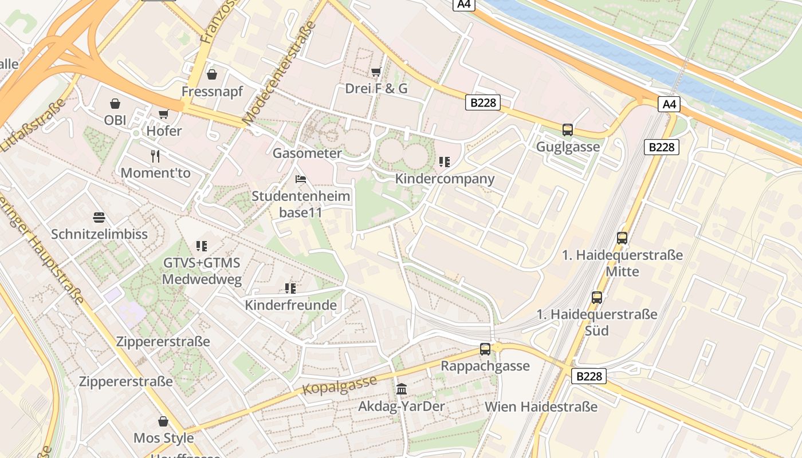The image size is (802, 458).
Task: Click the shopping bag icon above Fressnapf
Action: tap(212, 74)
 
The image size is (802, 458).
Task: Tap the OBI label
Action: tap(115, 120)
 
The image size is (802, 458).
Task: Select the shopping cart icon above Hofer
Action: tap(164, 114)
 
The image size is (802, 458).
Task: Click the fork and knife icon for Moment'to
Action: tap(155, 156)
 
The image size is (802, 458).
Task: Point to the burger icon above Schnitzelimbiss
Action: tap(99, 218)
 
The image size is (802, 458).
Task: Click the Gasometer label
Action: tap(307, 153)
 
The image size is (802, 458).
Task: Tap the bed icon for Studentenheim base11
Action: tap(301, 179)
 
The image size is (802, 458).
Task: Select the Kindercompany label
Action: tap(445, 179)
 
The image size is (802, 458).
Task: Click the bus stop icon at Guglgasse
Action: tap(568, 130)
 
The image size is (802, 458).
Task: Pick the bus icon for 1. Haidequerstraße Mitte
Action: tap(622, 238)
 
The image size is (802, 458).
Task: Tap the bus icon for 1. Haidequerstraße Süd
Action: tap(597, 298)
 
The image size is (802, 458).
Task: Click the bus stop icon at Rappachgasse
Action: tap(485, 349)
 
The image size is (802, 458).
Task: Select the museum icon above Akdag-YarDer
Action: tap(402, 389)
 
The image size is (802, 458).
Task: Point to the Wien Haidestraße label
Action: tap(541, 407)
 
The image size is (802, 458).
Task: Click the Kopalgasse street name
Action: tap(339, 385)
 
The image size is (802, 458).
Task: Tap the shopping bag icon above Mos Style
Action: tap(163, 422)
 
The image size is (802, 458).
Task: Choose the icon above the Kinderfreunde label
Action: tap(290, 288)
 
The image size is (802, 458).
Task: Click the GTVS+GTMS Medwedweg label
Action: tap(202, 271)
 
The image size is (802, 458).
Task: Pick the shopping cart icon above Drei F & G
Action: tap(376, 72)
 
